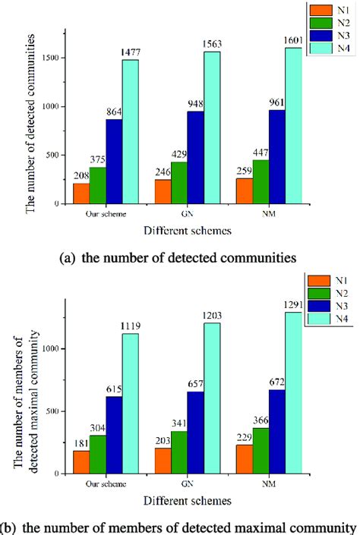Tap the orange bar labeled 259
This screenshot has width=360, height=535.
point(245,190)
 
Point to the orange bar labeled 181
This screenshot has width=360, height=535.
point(81,461)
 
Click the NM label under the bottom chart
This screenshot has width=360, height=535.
point(270,483)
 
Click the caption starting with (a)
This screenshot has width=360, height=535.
point(178,257)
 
